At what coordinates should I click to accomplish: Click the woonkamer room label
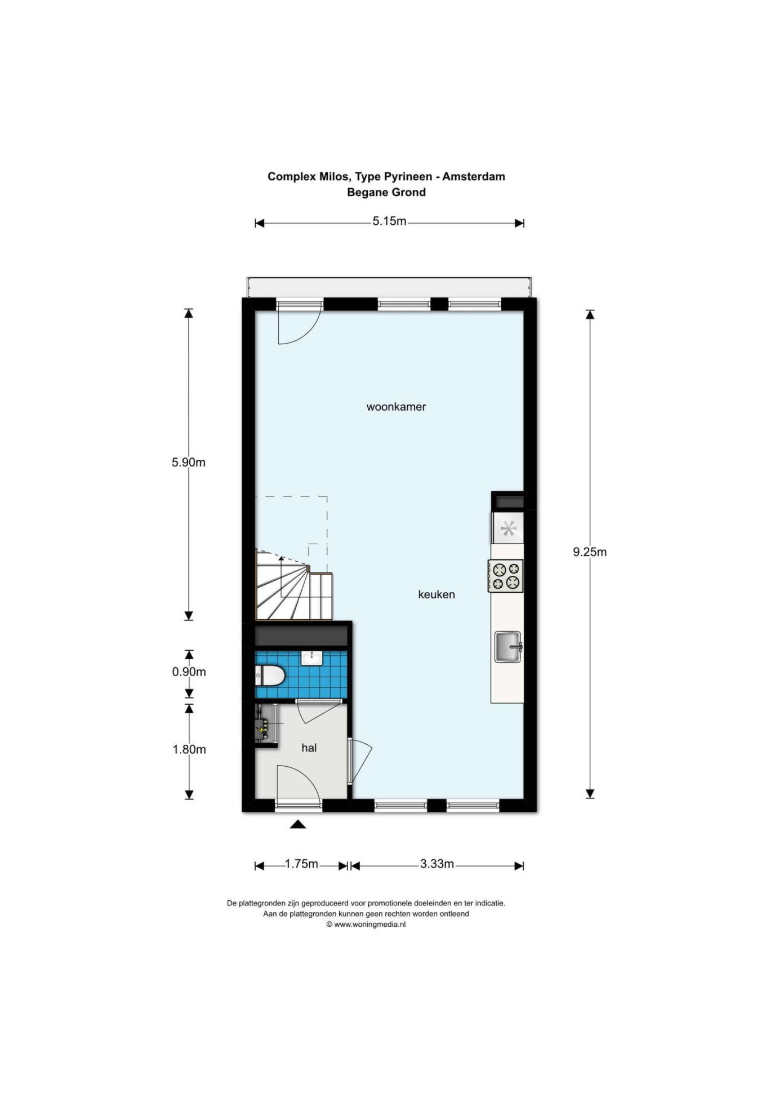click(x=396, y=407)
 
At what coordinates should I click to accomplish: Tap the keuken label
click(x=437, y=594)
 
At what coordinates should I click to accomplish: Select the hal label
click(x=309, y=748)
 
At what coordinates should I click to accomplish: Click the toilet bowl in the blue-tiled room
click(x=269, y=676)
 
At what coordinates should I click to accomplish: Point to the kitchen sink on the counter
click(x=508, y=647)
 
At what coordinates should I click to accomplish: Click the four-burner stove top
click(x=506, y=576)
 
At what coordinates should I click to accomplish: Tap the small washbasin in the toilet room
click(x=311, y=657)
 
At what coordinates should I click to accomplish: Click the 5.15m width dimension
click(x=389, y=221)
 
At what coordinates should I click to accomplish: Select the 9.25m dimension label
click(x=590, y=552)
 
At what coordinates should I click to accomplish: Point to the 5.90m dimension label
click(x=189, y=463)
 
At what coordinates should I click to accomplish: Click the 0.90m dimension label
click(x=189, y=672)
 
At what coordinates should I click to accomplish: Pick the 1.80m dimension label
click(x=189, y=749)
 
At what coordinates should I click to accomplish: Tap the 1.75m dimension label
click(x=301, y=864)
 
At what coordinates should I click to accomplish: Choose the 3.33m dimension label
click(x=437, y=864)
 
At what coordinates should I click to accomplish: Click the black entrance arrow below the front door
click(x=298, y=824)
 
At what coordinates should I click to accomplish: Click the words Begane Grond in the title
click(x=386, y=192)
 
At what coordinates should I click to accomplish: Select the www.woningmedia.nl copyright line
click(x=366, y=925)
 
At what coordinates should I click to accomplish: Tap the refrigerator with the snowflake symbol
click(x=508, y=528)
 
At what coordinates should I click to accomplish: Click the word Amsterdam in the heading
click(x=474, y=176)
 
